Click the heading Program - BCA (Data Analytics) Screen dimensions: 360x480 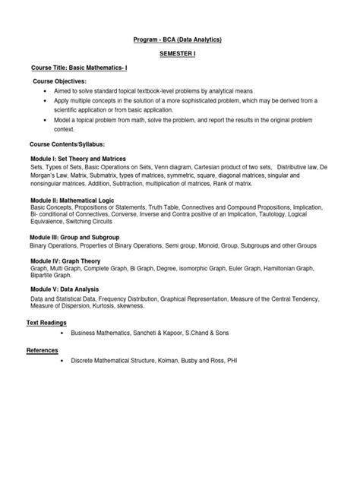[180, 39]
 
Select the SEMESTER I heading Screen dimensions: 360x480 [179, 55]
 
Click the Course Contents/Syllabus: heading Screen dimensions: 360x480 [67, 143]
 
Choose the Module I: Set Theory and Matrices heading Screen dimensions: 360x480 [82, 158]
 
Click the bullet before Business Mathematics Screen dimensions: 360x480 [58, 333]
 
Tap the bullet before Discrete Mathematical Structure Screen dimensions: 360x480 [58, 360]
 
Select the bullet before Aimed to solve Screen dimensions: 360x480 [47, 90]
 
